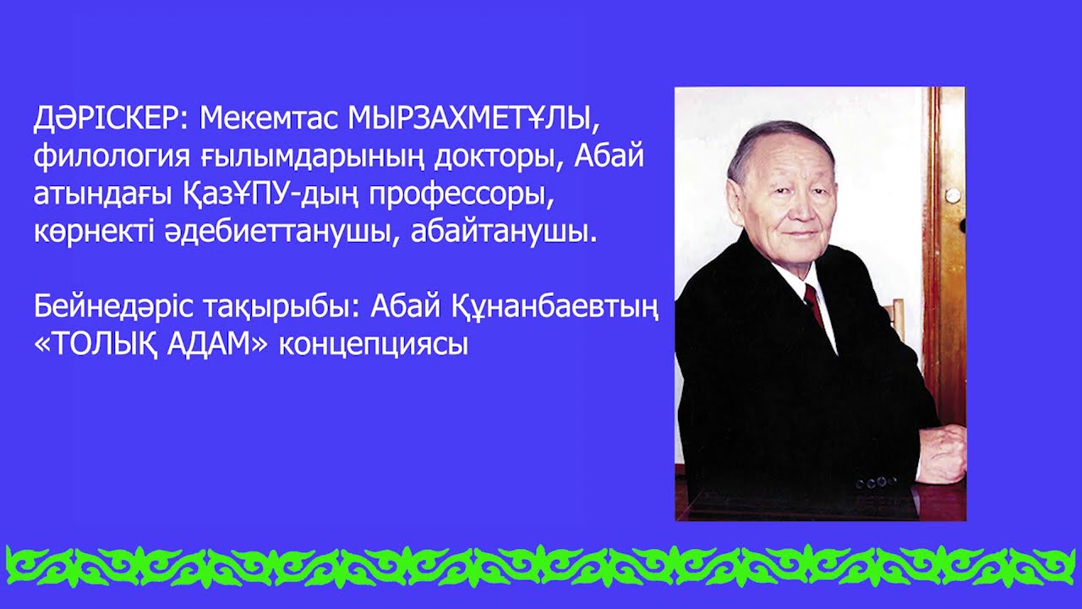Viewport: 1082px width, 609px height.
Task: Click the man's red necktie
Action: point(814,305)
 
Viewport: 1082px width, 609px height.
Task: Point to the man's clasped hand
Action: point(943,453)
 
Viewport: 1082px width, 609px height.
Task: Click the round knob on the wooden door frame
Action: point(953,195)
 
